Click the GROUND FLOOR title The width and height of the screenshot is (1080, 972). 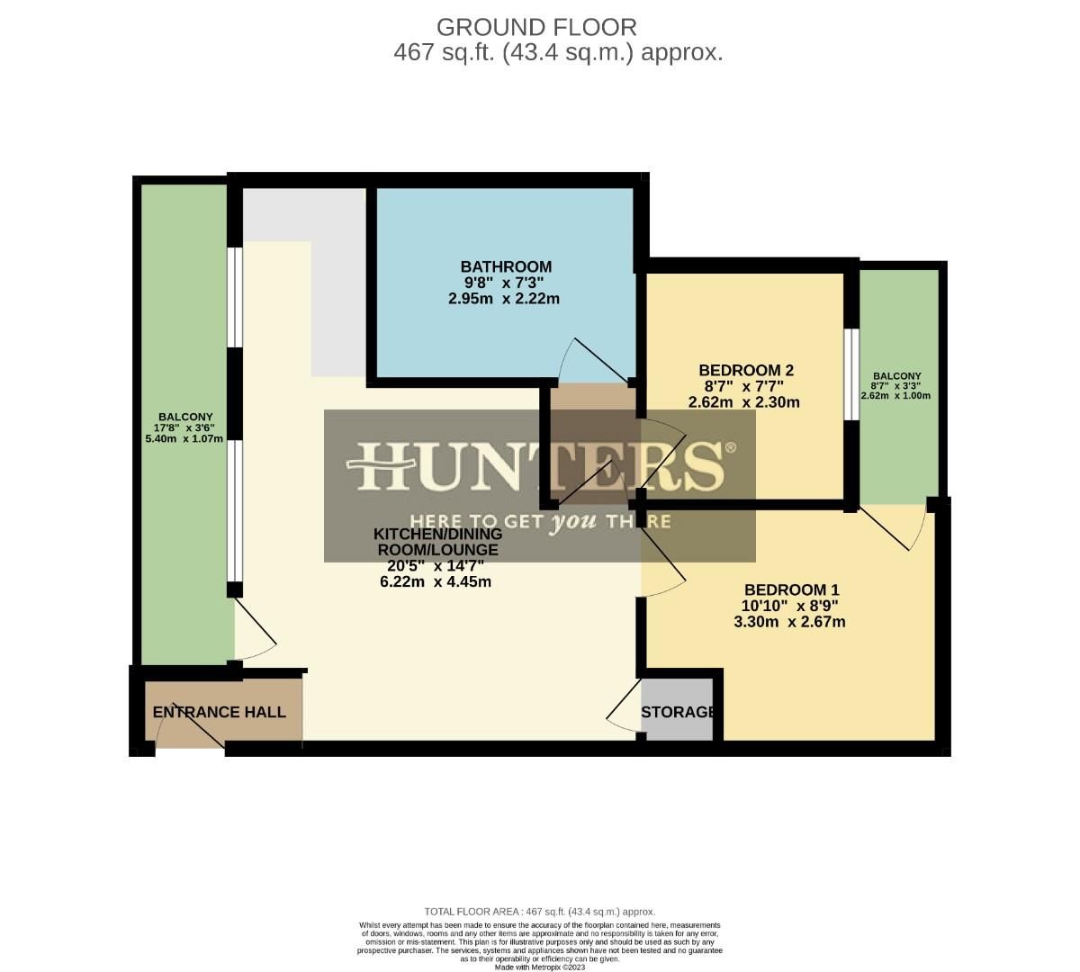[536, 27]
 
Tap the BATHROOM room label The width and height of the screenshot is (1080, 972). [506, 266]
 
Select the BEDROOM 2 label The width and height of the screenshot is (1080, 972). [745, 370]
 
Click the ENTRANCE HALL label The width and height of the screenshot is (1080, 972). [220, 712]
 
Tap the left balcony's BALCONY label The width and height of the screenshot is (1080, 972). [185, 417]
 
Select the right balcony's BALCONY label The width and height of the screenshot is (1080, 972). [895, 376]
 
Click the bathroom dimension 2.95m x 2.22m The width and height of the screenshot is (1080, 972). [504, 298]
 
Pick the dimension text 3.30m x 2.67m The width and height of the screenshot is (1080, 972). [789, 622]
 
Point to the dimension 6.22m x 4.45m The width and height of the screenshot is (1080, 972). [436, 581]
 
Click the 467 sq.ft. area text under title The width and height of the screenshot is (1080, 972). [558, 52]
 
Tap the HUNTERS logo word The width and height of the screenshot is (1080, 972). [540, 465]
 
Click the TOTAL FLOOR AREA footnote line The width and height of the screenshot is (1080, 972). [540, 912]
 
